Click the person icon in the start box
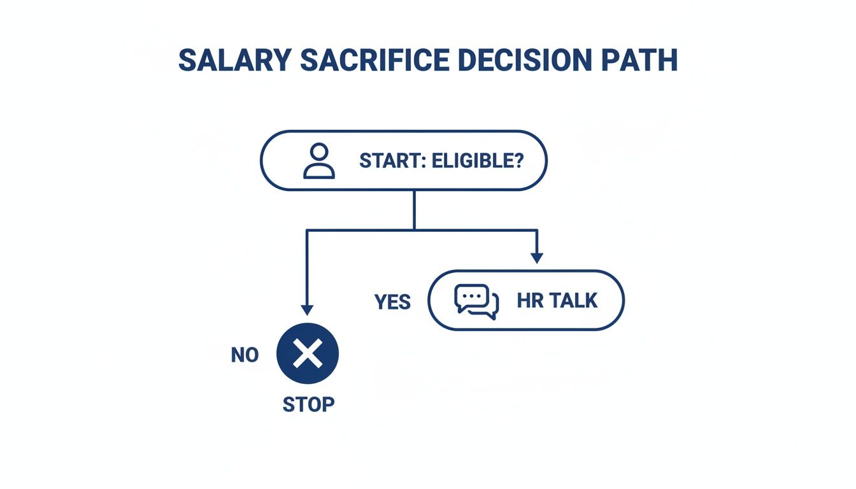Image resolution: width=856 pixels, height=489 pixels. (x=318, y=160)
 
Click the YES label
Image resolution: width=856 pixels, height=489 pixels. (x=393, y=302)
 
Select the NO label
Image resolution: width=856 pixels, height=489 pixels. (x=245, y=355)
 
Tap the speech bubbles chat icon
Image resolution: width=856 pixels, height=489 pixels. (x=476, y=301)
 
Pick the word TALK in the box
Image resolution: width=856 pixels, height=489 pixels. (x=573, y=301)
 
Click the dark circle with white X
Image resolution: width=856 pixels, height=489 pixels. (x=308, y=354)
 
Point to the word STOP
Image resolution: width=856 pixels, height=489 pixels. (x=308, y=404)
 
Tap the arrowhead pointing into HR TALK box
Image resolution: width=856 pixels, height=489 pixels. (x=537, y=258)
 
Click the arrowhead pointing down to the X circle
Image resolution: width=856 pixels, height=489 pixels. (x=308, y=309)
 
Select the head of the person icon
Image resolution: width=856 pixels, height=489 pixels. (x=318, y=153)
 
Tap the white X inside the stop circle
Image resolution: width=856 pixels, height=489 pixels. (x=308, y=354)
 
